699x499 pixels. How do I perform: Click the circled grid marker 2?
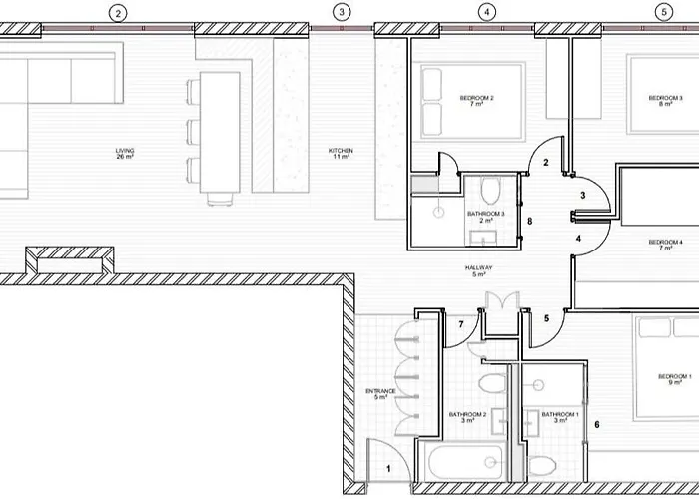coord(119,13)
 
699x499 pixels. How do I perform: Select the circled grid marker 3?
coord(343,13)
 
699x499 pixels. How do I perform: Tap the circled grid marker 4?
coord(486,13)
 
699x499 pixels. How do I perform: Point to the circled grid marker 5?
coord(664,13)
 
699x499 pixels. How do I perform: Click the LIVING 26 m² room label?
coord(125,154)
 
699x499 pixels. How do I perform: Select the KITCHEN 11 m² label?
coord(342,154)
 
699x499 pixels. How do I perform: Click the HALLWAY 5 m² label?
coord(479,271)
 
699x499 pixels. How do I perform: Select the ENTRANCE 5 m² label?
coord(380,393)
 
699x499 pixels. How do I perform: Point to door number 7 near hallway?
coord(460,325)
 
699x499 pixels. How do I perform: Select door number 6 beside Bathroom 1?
coord(597,425)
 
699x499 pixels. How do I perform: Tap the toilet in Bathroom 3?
coord(490,190)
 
